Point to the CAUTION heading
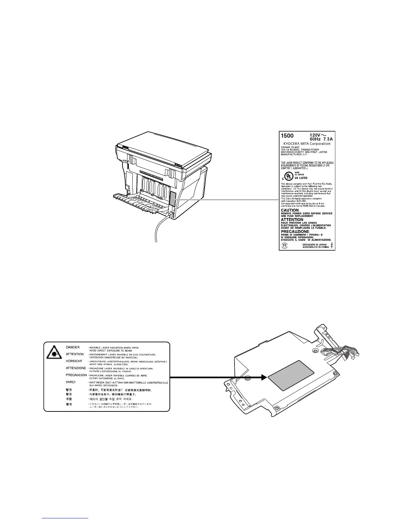point(290,210)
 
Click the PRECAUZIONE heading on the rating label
point(295,231)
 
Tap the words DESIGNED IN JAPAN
point(315,244)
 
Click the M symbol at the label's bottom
point(285,246)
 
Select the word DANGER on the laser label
point(73,347)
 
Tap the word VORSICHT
point(74,361)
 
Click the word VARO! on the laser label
point(72,382)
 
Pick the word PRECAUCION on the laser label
point(76,375)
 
